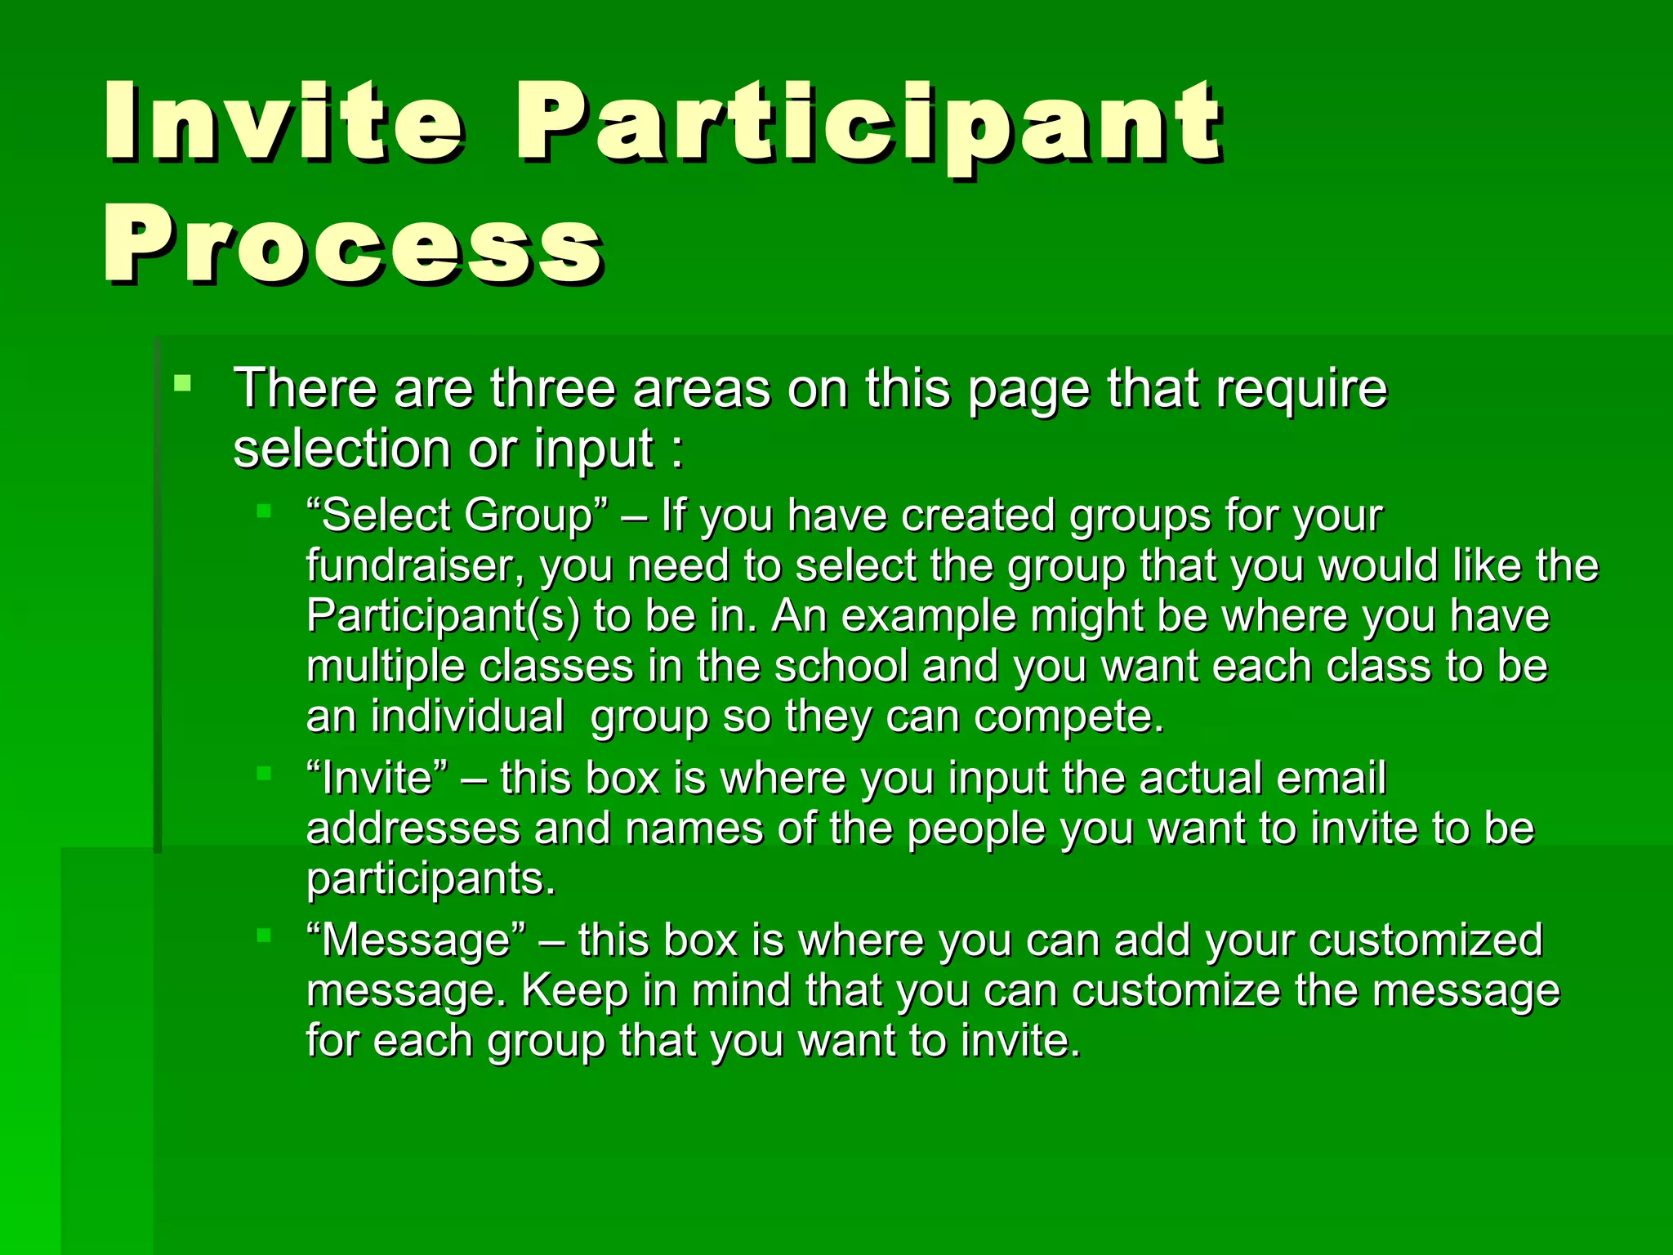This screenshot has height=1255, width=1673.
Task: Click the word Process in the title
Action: coord(353,243)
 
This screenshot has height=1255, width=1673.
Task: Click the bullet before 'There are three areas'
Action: coord(183,382)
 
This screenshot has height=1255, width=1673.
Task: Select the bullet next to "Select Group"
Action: coord(263,511)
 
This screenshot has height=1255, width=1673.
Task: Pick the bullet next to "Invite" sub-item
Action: coord(263,773)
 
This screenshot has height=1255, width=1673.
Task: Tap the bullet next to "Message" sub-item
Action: coord(263,936)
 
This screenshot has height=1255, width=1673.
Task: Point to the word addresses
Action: coord(413,828)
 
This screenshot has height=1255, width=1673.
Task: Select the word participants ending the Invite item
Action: coord(430,879)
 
